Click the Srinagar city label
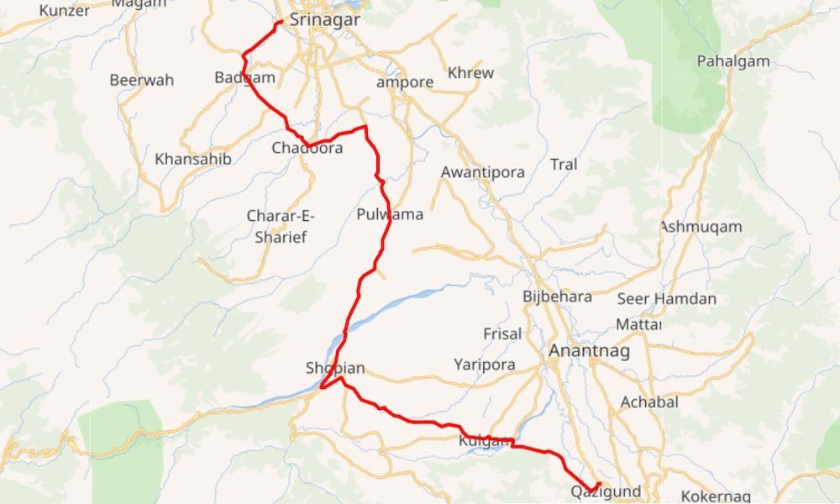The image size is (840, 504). [324, 19]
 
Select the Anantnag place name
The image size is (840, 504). [583, 351]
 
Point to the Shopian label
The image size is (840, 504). [336, 368]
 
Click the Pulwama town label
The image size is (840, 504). [390, 214]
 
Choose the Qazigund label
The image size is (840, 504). [606, 491]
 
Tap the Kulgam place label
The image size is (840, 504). [486, 441]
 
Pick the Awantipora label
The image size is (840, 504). [483, 172]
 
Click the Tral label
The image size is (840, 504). [564, 165]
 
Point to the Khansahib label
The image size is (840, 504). [193, 159]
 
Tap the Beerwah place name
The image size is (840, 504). [142, 81]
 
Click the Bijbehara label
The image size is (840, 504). [557, 297]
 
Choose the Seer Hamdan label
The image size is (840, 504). [667, 299]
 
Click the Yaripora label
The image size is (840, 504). [484, 365]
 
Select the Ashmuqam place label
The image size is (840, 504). [701, 227]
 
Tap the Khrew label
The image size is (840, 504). [471, 73]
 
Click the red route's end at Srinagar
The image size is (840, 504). [279, 21]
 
